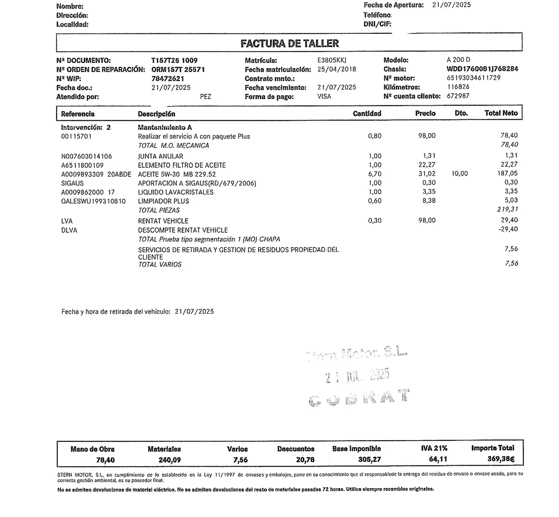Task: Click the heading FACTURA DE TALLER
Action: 290,44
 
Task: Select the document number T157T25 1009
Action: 174,61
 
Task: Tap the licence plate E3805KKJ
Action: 332,60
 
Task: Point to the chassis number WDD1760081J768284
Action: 482,69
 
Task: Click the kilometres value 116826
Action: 458,87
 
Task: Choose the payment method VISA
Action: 324,96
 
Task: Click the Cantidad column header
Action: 367,113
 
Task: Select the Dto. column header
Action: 461,113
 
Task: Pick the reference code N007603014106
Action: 87,156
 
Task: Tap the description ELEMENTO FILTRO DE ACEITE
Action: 182,165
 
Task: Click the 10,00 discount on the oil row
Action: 460,174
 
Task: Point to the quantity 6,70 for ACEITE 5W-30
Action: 375,174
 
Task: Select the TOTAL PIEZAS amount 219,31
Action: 507,209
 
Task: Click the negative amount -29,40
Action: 508,229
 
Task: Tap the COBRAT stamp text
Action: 359,398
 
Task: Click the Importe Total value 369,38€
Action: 501,459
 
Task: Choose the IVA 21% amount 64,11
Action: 438,460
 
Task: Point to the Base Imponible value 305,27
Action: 369,460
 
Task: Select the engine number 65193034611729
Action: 474,78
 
